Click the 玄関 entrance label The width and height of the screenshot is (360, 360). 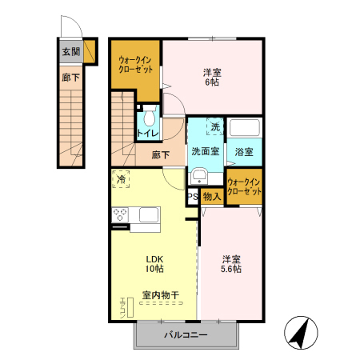(x=70, y=53)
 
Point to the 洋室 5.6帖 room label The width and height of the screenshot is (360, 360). (x=232, y=264)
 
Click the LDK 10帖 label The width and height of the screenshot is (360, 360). (x=154, y=264)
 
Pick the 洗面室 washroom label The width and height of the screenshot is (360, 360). (x=206, y=151)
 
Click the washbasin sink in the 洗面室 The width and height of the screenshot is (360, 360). (x=199, y=177)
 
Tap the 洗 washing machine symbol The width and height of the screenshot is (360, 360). (x=214, y=127)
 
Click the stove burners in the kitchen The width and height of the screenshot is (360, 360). (x=122, y=214)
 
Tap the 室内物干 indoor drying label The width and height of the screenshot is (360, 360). (x=160, y=295)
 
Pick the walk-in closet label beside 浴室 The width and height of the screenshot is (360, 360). (x=244, y=187)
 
